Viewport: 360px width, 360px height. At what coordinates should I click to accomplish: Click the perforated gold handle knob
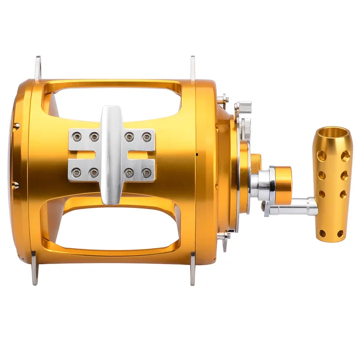331,185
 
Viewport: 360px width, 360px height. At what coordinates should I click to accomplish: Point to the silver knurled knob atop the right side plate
244,107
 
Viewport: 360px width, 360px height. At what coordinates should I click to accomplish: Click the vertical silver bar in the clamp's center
111,155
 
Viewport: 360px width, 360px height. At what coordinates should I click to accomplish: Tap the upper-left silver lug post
37,67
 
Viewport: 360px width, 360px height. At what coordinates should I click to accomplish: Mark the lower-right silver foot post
193,269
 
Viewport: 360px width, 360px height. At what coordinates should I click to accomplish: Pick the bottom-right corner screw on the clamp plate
146,173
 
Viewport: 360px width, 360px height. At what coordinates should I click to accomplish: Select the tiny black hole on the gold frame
198,154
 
